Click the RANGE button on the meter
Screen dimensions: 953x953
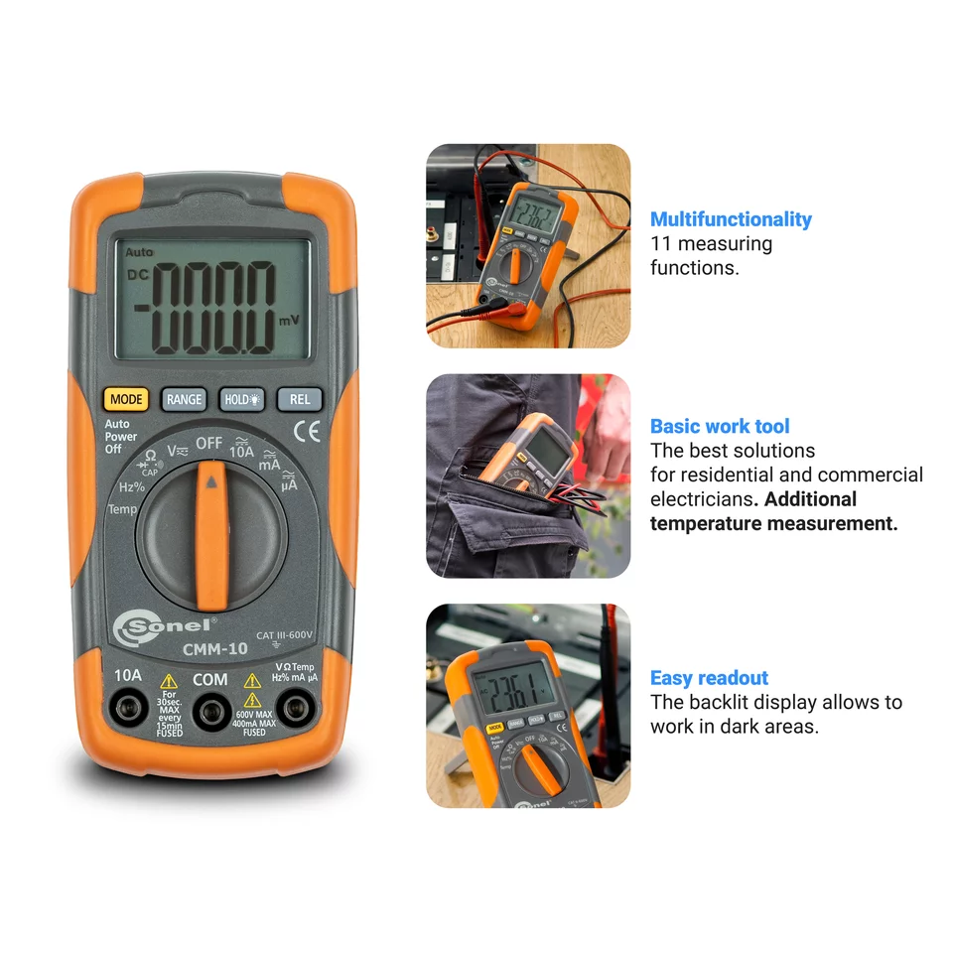click(x=184, y=399)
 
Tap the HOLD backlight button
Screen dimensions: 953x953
click(x=242, y=399)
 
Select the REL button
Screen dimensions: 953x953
click(x=300, y=399)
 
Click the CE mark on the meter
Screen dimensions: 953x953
click(x=308, y=432)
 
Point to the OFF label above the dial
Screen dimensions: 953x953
click(x=208, y=443)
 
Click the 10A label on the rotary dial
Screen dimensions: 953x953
click(x=242, y=451)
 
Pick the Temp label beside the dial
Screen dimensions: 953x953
click(x=122, y=509)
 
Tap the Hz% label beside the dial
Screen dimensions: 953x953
click(x=131, y=486)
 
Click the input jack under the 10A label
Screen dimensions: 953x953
click(x=128, y=710)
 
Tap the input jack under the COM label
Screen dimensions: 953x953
click(x=209, y=711)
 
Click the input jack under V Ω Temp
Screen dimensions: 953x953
click(x=293, y=710)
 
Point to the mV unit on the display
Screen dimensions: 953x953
click(x=289, y=321)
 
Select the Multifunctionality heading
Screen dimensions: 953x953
click(x=731, y=219)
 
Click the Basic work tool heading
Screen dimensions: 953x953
click(x=720, y=427)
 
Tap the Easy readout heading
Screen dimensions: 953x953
click(x=709, y=678)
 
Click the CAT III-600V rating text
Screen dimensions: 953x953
click(x=284, y=635)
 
